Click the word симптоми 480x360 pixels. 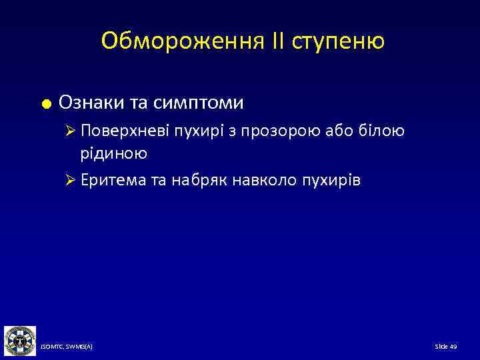tap(198, 103)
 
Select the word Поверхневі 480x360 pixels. tap(125, 131)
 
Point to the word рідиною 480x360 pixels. tap(114, 153)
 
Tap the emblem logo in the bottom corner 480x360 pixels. tap(19, 341)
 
